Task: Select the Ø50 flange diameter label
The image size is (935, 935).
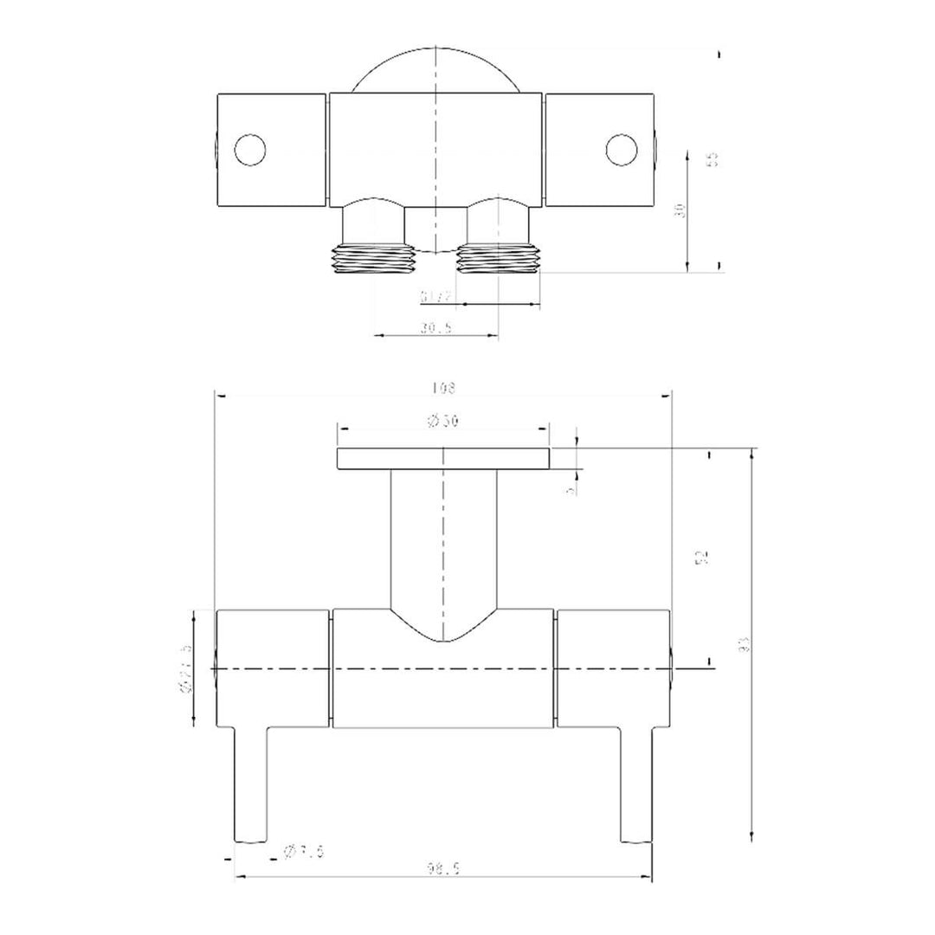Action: pyautogui.click(x=443, y=421)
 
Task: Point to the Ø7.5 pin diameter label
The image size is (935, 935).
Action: pyautogui.click(x=304, y=853)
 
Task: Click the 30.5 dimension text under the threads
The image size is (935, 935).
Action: pyautogui.click(x=438, y=327)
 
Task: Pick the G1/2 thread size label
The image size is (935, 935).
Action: pyautogui.click(x=438, y=297)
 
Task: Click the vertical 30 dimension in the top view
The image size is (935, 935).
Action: pyautogui.click(x=680, y=210)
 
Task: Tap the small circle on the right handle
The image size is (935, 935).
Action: pyautogui.click(x=621, y=150)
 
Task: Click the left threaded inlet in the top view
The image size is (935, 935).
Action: pyautogui.click(x=372, y=260)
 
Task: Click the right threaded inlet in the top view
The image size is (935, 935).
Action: pyautogui.click(x=498, y=260)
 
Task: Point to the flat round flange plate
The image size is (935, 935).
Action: pyautogui.click(x=443, y=459)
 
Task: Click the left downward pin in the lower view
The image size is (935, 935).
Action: pyautogui.click(x=251, y=783)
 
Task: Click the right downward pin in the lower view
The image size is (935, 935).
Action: pyautogui.click(x=636, y=783)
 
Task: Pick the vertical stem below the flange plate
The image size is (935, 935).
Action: pyautogui.click(x=443, y=537)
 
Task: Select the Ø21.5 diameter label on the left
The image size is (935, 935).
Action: pyautogui.click(x=184, y=669)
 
